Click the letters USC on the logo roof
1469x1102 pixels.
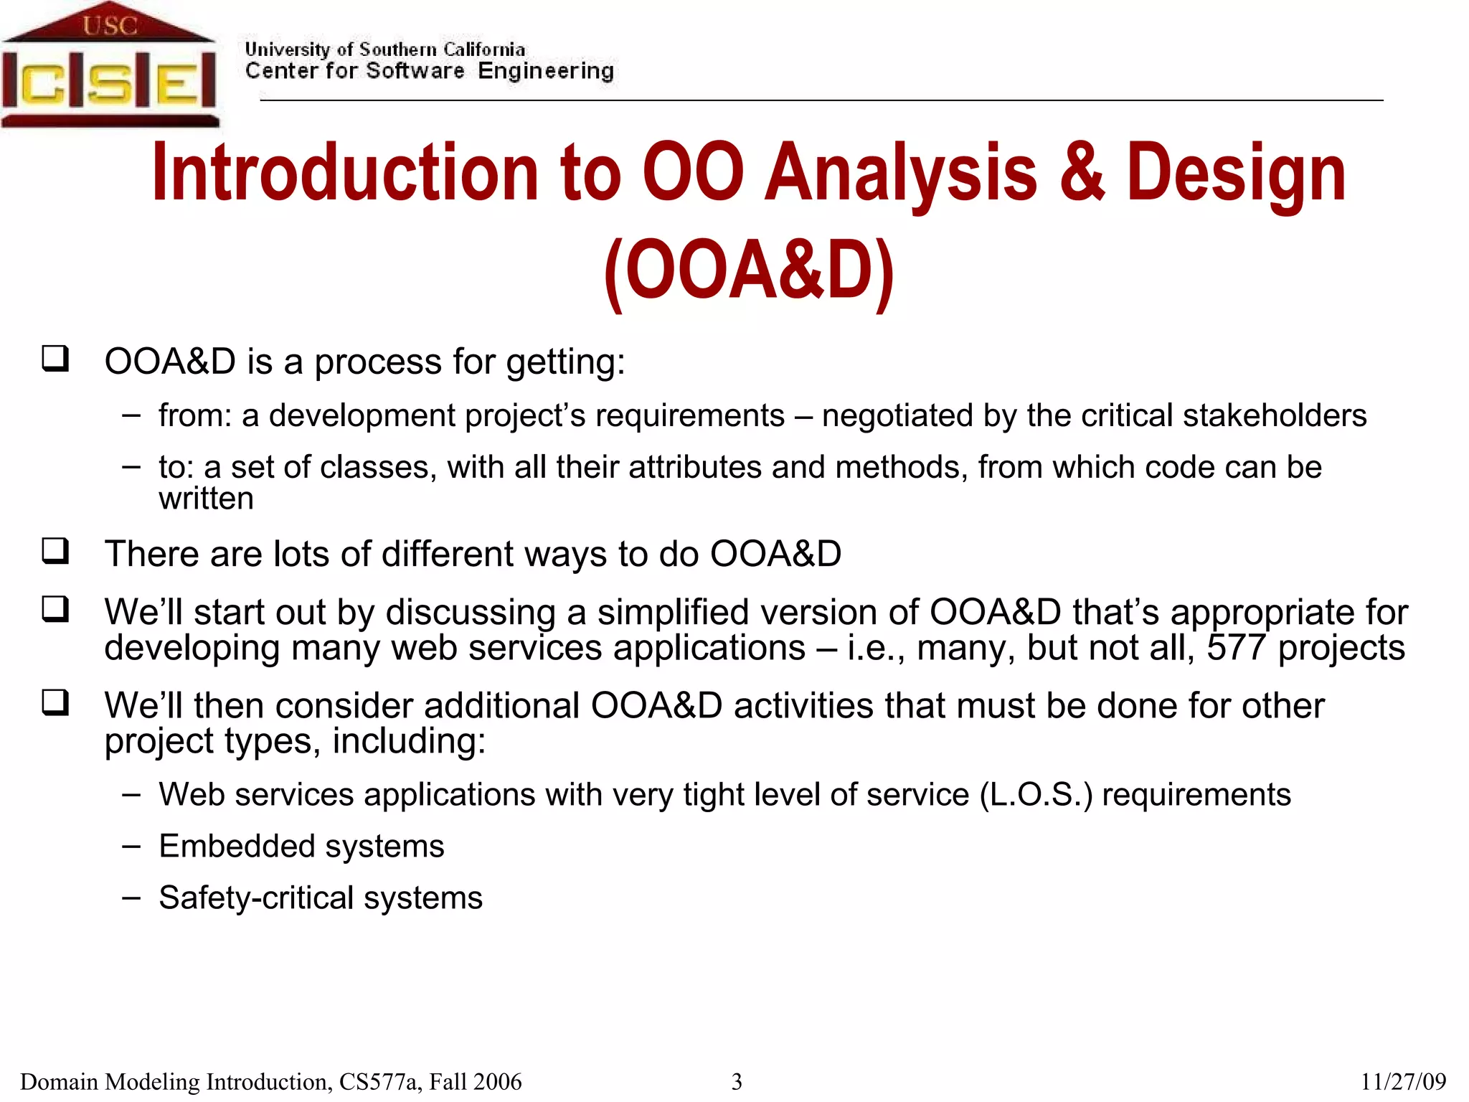[x=109, y=26]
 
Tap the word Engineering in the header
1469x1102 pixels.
[x=545, y=71]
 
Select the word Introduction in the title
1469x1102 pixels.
[x=345, y=172]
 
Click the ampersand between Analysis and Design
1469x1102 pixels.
[x=1081, y=172]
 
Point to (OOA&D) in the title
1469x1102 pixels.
[x=749, y=270]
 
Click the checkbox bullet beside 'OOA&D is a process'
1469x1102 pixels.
[x=55, y=357]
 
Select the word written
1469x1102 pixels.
[x=206, y=499]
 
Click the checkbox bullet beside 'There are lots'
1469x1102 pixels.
[x=55, y=551]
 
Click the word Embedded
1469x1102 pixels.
[x=231, y=846]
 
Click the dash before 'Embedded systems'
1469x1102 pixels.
[x=131, y=846]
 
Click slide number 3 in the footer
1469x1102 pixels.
[x=736, y=1081]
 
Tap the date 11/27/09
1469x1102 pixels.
[x=1402, y=1081]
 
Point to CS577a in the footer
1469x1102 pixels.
[x=379, y=1081]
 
